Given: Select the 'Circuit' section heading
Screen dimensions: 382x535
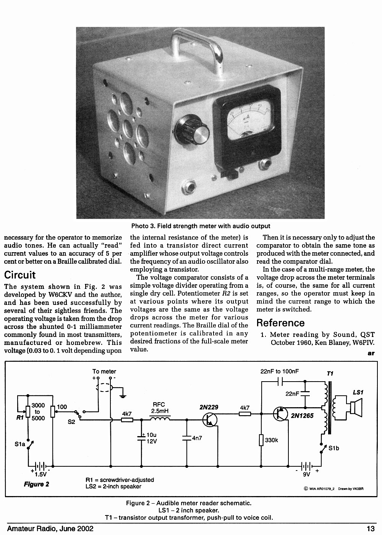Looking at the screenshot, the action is (x=20, y=275).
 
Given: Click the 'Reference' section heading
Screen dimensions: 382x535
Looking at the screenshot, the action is (x=280, y=323).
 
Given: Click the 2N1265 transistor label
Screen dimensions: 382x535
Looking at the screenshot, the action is (x=302, y=416).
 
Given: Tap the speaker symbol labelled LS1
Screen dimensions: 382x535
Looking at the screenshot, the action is (x=356, y=408).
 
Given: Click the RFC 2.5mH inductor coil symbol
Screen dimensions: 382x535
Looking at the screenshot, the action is (x=160, y=419).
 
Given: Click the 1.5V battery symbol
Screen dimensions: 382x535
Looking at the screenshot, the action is (x=40, y=466).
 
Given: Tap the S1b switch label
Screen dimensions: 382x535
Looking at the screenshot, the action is (x=333, y=448).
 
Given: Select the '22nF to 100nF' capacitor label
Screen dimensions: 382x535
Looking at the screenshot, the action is (x=280, y=371).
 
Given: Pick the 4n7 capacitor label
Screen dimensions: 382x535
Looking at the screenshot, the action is (x=197, y=438).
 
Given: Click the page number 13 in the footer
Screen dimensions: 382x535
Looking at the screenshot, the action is (x=371, y=529).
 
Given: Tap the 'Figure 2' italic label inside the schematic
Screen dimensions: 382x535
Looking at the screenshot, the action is (x=36, y=484).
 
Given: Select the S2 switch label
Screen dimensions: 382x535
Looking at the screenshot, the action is (x=71, y=422).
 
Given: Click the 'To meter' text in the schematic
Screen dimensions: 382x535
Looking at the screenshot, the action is (x=104, y=371).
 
